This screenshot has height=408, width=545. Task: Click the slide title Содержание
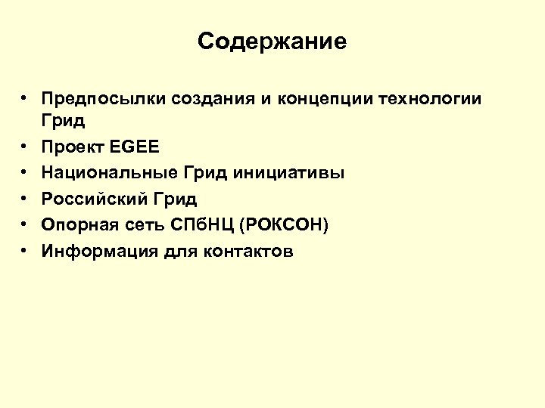[x=272, y=41]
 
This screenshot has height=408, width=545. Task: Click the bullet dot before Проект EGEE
[x=25, y=147]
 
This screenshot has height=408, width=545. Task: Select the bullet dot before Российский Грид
[x=25, y=199]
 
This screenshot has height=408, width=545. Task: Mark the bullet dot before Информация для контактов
[x=25, y=252]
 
